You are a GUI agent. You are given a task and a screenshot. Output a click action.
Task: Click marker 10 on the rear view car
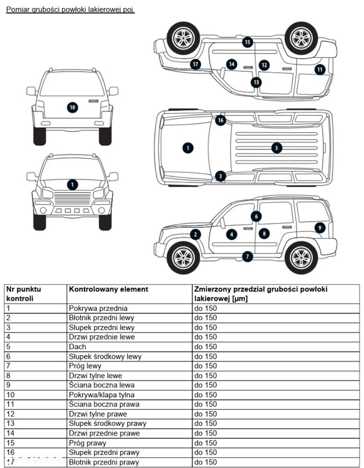point(72,107)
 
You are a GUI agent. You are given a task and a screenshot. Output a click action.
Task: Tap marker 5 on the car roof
point(276,148)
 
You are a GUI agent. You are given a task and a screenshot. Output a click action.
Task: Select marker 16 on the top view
point(221,120)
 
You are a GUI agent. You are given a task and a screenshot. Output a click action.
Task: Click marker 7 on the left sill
point(247,256)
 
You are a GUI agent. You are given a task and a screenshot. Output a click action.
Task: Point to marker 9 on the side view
point(319,228)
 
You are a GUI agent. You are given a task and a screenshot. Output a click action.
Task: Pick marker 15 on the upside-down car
point(247,43)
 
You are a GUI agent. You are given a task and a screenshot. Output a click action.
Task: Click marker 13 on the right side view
point(256,82)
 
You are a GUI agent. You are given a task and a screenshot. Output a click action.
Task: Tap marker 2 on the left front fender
point(195,235)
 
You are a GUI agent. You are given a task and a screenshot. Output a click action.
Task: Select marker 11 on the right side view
point(319,69)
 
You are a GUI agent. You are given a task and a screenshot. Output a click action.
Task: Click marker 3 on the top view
point(221,176)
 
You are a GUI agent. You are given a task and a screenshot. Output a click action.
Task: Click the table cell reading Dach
point(77,347)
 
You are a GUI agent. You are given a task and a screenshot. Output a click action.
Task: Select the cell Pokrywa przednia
point(98,308)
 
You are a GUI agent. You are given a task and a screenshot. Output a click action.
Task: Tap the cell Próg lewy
point(85,366)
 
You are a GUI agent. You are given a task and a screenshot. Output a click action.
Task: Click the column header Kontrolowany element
point(108,290)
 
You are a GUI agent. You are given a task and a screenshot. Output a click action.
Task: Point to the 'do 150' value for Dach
point(206,347)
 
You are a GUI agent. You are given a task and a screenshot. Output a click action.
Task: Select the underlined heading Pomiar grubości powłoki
point(70,9)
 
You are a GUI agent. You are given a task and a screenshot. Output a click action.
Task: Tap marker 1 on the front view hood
point(72,185)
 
